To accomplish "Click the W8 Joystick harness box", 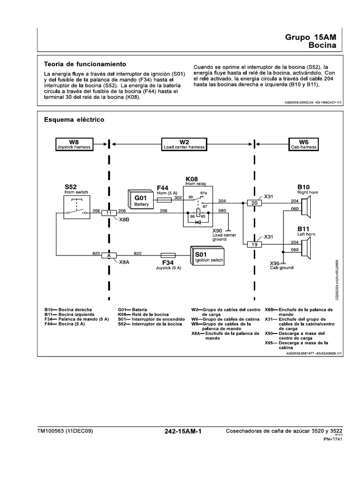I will [x=73, y=144].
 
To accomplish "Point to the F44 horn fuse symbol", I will [x=165, y=199].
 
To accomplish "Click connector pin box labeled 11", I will [x=109, y=213].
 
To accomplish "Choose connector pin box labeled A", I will [x=109, y=256].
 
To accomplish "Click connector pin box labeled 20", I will [x=254, y=203].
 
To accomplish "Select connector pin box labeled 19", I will [x=254, y=244].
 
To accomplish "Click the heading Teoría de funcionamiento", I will [x=85, y=64].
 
